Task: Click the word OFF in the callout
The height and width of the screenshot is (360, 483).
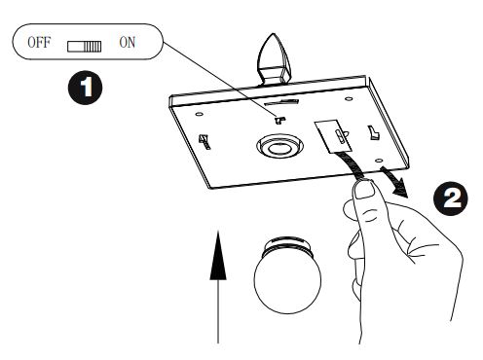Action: click(39, 43)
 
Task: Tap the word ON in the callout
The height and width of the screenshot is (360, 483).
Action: click(128, 43)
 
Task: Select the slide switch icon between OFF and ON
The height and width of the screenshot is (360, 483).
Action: click(85, 47)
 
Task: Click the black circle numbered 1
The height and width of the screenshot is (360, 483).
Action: click(85, 88)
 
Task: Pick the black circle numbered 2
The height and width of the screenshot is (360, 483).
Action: click(451, 198)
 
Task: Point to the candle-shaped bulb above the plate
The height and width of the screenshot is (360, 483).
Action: click(274, 59)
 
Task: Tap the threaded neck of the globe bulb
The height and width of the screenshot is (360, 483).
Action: click(286, 246)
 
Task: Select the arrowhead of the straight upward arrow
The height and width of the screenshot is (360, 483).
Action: click(218, 255)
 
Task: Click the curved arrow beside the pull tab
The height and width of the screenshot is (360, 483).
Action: click(395, 181)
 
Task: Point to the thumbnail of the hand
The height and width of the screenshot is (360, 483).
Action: click(363, 191)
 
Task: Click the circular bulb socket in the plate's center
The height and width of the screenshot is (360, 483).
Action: click(279, 146)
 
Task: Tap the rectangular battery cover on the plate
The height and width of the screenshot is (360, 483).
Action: click(333, 136)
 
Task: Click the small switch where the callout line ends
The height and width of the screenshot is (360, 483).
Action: click(279, 121)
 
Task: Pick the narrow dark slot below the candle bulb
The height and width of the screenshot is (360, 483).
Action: click(281, 102)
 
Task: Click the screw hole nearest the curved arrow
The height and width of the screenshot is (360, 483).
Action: click(379, 161)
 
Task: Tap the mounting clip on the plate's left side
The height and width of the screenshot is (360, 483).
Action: click(204, 142)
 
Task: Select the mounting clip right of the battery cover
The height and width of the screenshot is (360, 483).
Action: click(374, 132)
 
